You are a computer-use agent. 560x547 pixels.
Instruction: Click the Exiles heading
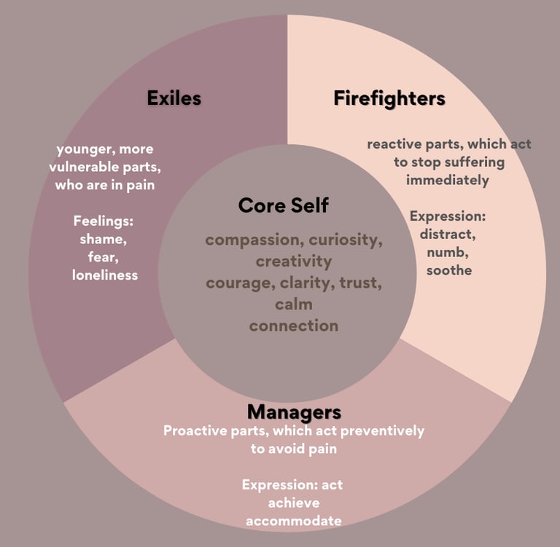click(x=174, y=98)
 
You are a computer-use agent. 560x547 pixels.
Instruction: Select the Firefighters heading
click(x=389, y=98)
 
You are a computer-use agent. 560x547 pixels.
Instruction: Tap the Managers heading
click(x=294, y=412)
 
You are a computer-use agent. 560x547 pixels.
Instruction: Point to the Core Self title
click(x=283, y=205)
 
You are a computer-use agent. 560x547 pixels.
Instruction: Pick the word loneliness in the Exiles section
click(x=105, y=275)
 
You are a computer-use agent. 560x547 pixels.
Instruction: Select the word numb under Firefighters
click(x=448, y=252)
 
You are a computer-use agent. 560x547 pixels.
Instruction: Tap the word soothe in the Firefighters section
click(x=448, y=270)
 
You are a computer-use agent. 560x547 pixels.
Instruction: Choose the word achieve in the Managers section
click(x=293, y=503)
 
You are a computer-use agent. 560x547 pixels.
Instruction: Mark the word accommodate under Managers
click(x=293, y=521)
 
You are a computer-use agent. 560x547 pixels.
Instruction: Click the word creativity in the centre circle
click(x=293, y=261)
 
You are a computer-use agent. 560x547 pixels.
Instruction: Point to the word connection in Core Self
click(x=293, y=326)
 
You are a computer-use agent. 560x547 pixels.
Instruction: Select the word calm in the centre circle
click(x=293, y=304)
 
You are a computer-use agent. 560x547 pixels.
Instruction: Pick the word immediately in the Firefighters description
click(x=448, y=180)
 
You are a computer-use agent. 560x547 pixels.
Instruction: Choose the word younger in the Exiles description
click(x=82, y=149)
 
